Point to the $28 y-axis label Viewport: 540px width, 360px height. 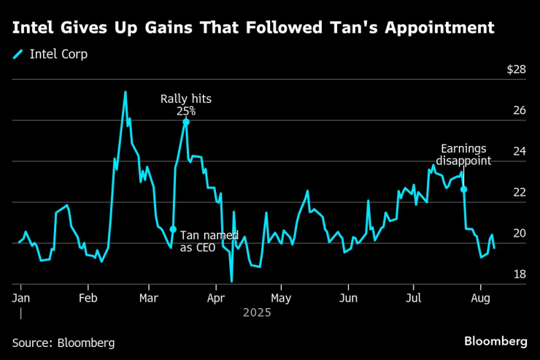click(516, 70)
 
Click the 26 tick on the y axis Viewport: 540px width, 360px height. click(519, 111)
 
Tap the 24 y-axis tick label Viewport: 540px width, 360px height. click(519, 152)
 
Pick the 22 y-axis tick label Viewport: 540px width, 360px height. click(519, 193)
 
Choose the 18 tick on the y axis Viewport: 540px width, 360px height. click(519, 275)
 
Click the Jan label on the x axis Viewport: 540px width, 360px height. click(20, 298)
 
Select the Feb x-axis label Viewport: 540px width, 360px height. click(88, 298)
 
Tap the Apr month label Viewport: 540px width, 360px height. click(216, 298)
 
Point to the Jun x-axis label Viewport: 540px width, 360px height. click(348, 298)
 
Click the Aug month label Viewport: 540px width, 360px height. click(480, 298)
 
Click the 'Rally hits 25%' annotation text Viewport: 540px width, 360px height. click(185, 105)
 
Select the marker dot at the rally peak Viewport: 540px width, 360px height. click(186, 122)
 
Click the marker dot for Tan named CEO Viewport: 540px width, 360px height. click(173, 229)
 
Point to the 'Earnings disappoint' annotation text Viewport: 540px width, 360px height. click(463, 155)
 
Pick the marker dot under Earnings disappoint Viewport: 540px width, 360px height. click(463, 189)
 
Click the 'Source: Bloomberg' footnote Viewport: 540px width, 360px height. click(63, 342)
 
